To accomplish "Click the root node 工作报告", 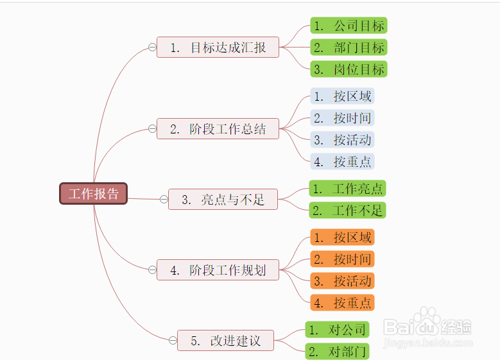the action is (x=94, y=194).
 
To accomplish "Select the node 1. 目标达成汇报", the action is (x=218, y=47).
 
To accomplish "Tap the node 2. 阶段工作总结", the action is (x=218, y=129).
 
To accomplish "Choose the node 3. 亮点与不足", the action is (x=223, y=200).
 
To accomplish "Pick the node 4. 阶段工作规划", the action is (x=218, y=270).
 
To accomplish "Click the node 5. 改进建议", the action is (x=225, y=341).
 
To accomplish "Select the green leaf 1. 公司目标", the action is (x=349, y=26).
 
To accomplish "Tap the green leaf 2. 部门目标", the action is (x=349, y=47).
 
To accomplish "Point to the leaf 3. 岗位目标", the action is (x=349, y=69).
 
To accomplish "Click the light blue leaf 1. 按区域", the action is (x=342, y=96).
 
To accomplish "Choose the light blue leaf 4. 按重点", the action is (x=342, y=161).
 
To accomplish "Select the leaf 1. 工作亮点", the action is (x=348, y=189).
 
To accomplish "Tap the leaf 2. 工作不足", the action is (x=348, y=210).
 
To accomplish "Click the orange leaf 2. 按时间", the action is (x=342, y=259).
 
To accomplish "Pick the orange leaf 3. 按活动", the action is (x=342, y=280).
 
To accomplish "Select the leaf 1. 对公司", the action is (x=337, y=329).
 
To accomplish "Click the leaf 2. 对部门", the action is (x=337, y=351).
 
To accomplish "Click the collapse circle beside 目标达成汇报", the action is (x=152, y=47).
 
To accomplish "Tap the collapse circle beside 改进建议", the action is (x=173, y=340).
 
